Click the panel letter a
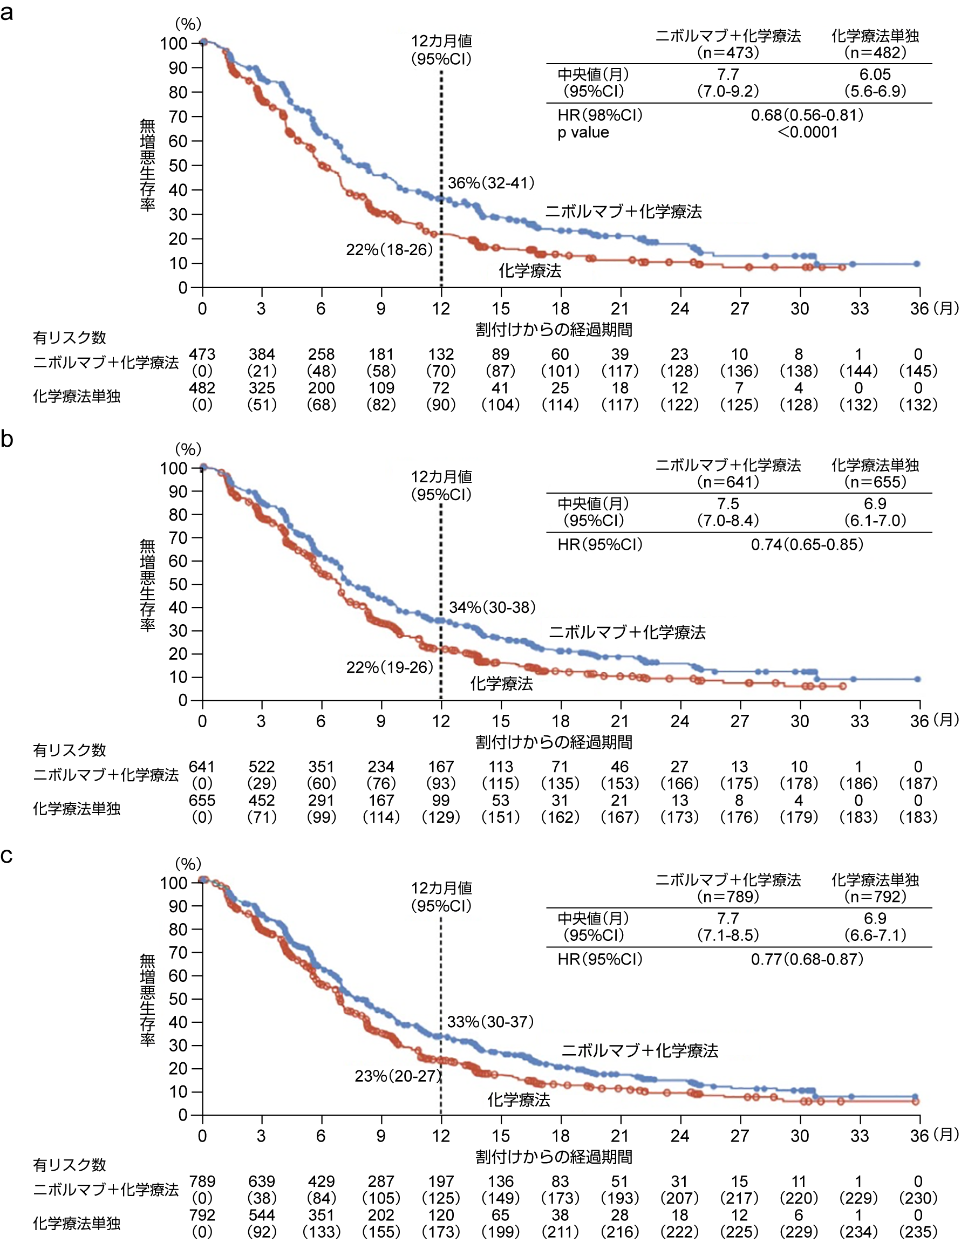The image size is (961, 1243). coord(7,12)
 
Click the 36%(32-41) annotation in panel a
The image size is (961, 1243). coord(490,183)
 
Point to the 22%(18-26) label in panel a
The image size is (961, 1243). coord(390,249)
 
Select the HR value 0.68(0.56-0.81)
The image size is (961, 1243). coord(807,115)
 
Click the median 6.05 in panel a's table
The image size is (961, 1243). coord(875,74)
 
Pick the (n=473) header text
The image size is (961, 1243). coord(728,53)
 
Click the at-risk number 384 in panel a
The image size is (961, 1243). coord(261,354)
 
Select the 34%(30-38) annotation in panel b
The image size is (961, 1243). coord(492,607)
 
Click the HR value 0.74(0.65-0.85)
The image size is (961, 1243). coord(807,545)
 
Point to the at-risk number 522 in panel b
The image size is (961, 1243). coord(261,767)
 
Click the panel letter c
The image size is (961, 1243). coord(7,856)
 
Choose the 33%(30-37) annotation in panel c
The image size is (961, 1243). coord(490,1022)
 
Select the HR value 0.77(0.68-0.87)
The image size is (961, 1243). coord(807,959)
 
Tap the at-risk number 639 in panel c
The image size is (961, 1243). coord(261,1181)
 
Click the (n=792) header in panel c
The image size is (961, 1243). coord(875,897)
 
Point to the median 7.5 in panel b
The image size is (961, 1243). coord(727,504)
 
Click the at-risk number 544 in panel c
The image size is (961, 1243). coord(261,1215)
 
